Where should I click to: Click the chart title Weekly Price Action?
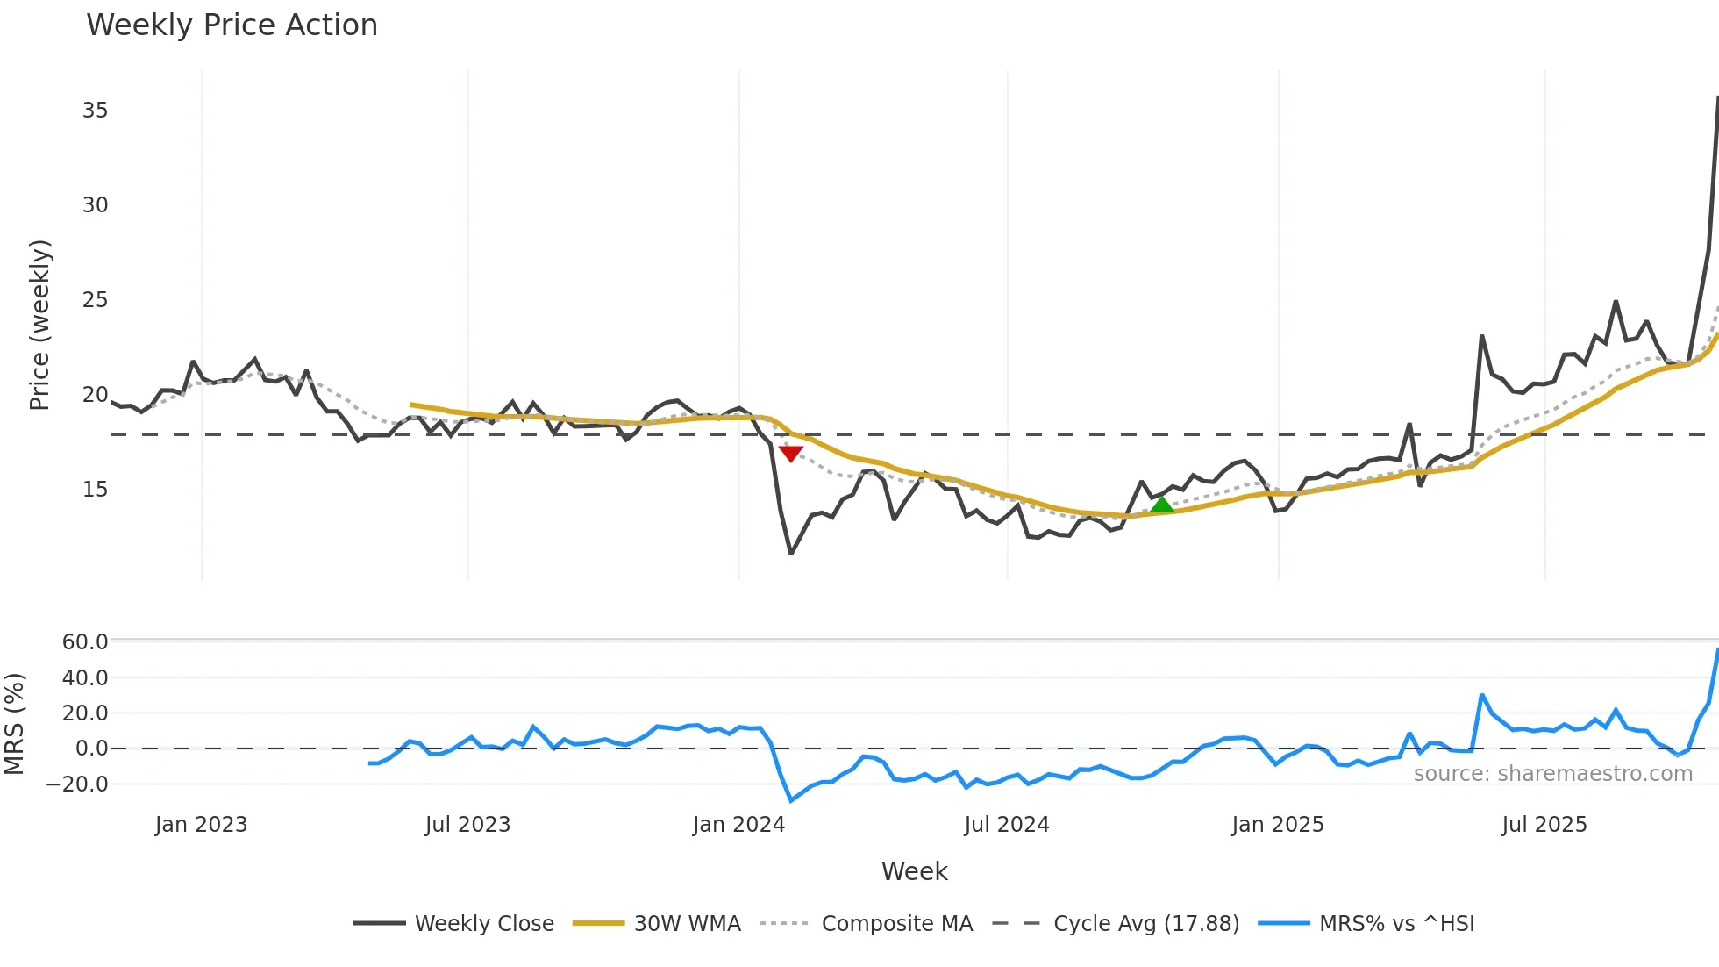coord(232,25)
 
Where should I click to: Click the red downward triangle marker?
coord(791,453)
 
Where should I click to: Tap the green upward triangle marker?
coord(1161,505)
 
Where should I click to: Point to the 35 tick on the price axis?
coord(95,111)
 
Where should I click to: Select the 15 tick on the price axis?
coord(95,490)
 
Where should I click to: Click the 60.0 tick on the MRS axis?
coord(84,642)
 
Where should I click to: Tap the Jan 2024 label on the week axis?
coord(738,825)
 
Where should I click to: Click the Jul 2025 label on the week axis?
coord(1544,825)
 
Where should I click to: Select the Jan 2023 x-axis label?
coord(201,825)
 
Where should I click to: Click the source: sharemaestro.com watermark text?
coord(1552,774)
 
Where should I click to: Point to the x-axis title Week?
coord(914,871)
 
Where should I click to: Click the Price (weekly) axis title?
coord(39,325)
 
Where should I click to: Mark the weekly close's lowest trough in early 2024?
coord(791,553)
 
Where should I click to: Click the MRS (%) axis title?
coord(14,724)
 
